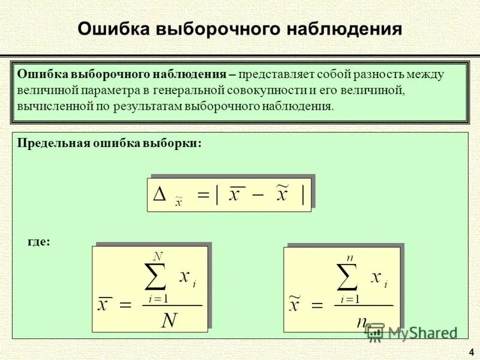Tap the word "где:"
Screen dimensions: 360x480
pyautogui.click(x=40, y=241)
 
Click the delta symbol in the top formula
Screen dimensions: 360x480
pyautogui.click(x=160, y=194)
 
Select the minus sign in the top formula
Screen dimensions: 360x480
pyautogui.click(x=256, y=196)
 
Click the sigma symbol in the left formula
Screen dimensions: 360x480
pyautogui.click(x=157, y=277)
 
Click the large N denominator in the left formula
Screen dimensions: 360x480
pyautogui.click(x=170, y=320)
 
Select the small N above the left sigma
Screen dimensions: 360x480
pyautogui.click(x=158, y=256)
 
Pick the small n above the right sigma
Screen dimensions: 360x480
pyautogui.click(x=349, y=257)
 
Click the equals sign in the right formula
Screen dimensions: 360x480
pyautogui.click(x=316, y=305)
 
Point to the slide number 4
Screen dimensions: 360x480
pyautogui.click(x=471, y=352)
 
